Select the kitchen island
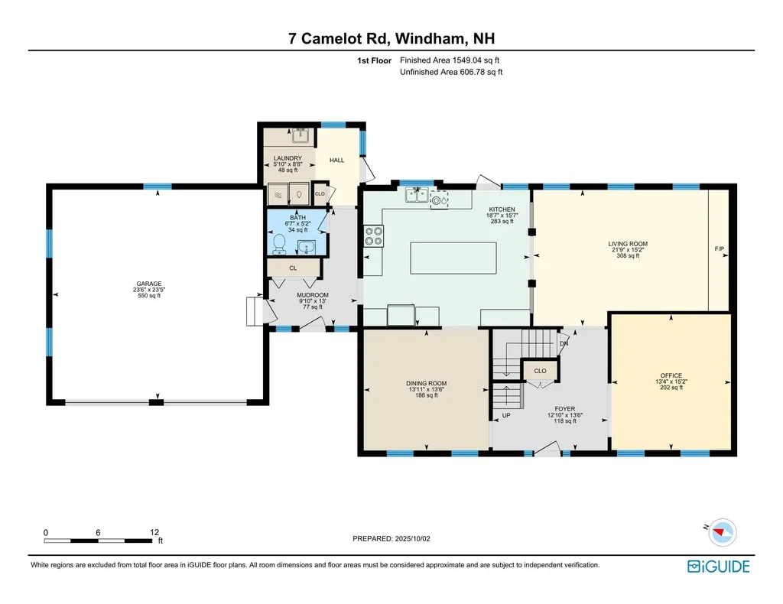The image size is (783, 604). click(447, 257)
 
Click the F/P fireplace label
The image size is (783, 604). click(719, 249)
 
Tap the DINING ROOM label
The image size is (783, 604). click(426, 384)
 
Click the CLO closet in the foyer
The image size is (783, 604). click(540, 371)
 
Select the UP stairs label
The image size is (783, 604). click(506, 416)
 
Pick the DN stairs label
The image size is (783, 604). click(564, 344)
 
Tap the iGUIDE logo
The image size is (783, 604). click(718, 567)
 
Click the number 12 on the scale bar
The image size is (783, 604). click(154, 532)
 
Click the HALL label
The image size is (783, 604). click(336, 161)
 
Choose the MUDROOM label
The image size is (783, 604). click(314, 295)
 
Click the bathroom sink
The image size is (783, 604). click(306, 247)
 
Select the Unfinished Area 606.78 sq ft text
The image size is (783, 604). click(450, 72)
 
